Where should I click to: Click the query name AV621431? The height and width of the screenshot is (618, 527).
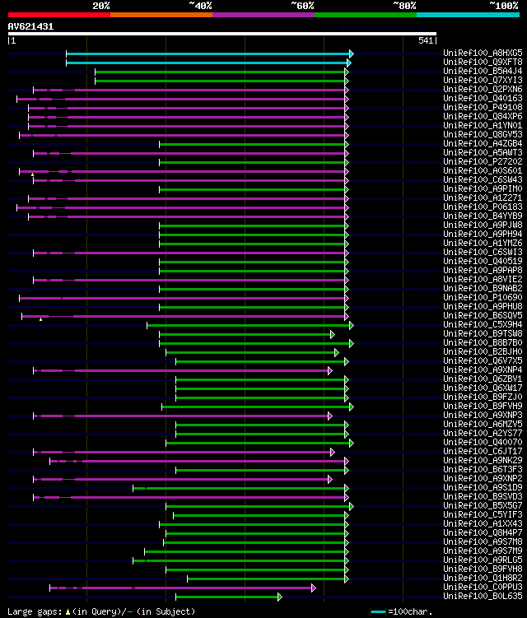tap(30, 26)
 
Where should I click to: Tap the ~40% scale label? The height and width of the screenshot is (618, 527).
tap(200, 6)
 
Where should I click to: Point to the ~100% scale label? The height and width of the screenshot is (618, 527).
tap(503, 6)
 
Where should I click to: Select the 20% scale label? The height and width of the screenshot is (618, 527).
tap(101, 6)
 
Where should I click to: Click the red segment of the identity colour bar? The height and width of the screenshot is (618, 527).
tap(58, 15)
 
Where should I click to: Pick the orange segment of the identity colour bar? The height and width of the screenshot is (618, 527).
tap(161, 15)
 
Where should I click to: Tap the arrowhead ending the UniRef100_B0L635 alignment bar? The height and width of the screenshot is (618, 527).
tap(280, 597)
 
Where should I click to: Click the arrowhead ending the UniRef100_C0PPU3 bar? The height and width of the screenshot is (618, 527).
tap(314, 588)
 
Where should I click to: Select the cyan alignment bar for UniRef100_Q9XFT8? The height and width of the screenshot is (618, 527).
tap(206, 62)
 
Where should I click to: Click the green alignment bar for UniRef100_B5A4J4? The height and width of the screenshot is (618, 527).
tap(219, 71)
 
